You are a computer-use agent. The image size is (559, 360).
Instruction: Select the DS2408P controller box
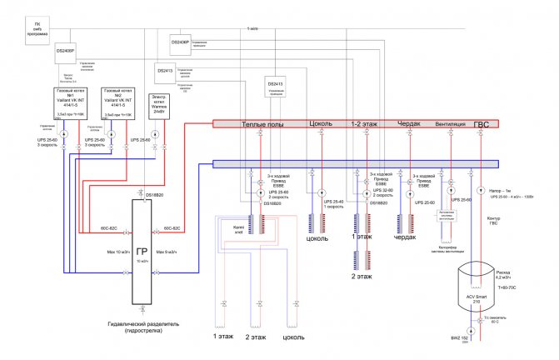[67, 49]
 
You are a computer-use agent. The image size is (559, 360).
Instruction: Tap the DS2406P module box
[181, 41]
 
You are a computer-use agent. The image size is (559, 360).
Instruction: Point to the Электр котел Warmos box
[160, 104]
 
